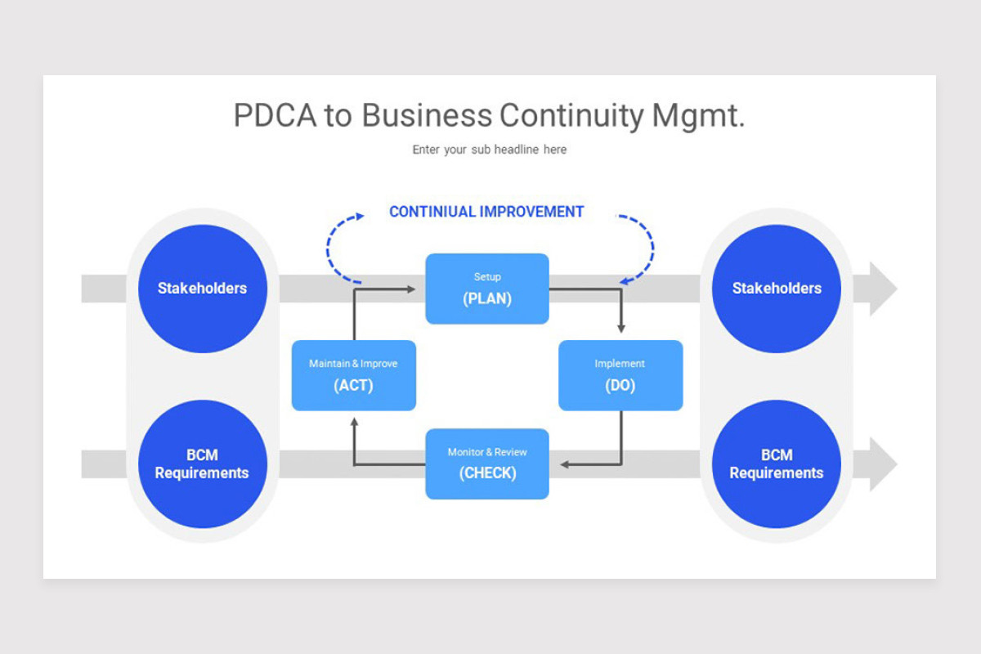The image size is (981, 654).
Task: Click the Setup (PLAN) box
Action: click(x=486, y=289)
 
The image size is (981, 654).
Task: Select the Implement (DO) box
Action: click(x=620, y=375)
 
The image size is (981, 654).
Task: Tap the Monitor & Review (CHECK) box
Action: click(x=486, y=464)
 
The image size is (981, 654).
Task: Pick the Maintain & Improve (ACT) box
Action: click(x=353, y=375)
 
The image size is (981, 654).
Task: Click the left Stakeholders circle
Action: click(x=202, y=289)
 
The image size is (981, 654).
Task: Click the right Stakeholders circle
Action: click(x=776, y=289)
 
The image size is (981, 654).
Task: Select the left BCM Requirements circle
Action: click(x=202, y=464)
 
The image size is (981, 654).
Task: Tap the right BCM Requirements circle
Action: click(x=776, y=464)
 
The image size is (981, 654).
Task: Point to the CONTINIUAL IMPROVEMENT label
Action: click(x=486, y=212)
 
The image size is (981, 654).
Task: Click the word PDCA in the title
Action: click(x=275, y=116)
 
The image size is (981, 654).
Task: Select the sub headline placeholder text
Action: click(x=489, y=150)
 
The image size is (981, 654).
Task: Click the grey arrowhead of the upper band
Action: click(x=882, y=289)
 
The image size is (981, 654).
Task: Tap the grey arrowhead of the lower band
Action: click(x=882, y=464)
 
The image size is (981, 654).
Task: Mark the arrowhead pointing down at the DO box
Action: click(x=620, y=328)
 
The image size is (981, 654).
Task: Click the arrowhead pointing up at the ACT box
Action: click(x=354, y=423)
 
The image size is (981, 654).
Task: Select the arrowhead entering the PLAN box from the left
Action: click(x=410, y=289)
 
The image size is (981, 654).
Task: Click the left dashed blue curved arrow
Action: click(x=334, y=245)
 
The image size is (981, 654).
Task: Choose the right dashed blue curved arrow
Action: click(x=644, y=245)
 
